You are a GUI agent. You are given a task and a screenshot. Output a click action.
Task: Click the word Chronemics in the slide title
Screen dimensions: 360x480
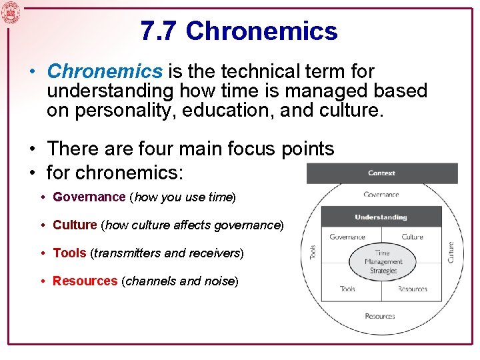tap(262, 31)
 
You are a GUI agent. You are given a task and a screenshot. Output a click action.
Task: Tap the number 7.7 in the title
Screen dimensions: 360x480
tap(159, 31)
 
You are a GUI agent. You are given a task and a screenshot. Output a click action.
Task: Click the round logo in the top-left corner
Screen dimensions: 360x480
tap(11, 13)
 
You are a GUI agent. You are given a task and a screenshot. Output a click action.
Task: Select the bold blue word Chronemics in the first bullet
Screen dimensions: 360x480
tap(105, 71)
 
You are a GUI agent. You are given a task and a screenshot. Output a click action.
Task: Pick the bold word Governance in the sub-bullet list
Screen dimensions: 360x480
tap(89, 197)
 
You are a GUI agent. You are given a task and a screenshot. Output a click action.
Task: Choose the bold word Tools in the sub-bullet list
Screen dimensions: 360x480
tap(69, 253)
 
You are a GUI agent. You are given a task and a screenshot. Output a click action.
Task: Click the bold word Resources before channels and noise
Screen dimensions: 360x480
tap(85, 281)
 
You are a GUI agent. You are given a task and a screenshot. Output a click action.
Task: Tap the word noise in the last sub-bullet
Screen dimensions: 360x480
tap(217, 281)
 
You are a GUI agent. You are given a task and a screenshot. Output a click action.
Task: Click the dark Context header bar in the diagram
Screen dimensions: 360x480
tap(381, 173)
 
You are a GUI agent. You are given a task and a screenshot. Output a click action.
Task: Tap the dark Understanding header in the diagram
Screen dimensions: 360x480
tap(381, 217)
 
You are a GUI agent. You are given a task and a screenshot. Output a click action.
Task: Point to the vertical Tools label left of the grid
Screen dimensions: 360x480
tap(313, 252)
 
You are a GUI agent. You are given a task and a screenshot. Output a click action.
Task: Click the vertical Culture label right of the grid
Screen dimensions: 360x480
tap(451, 251)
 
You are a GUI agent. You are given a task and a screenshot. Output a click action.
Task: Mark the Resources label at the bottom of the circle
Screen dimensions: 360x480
tap(379, 316)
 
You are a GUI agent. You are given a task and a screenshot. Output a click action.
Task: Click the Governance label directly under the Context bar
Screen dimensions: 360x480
tap(381, 195)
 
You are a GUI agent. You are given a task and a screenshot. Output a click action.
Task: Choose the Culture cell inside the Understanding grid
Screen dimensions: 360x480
tap(412, 237)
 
